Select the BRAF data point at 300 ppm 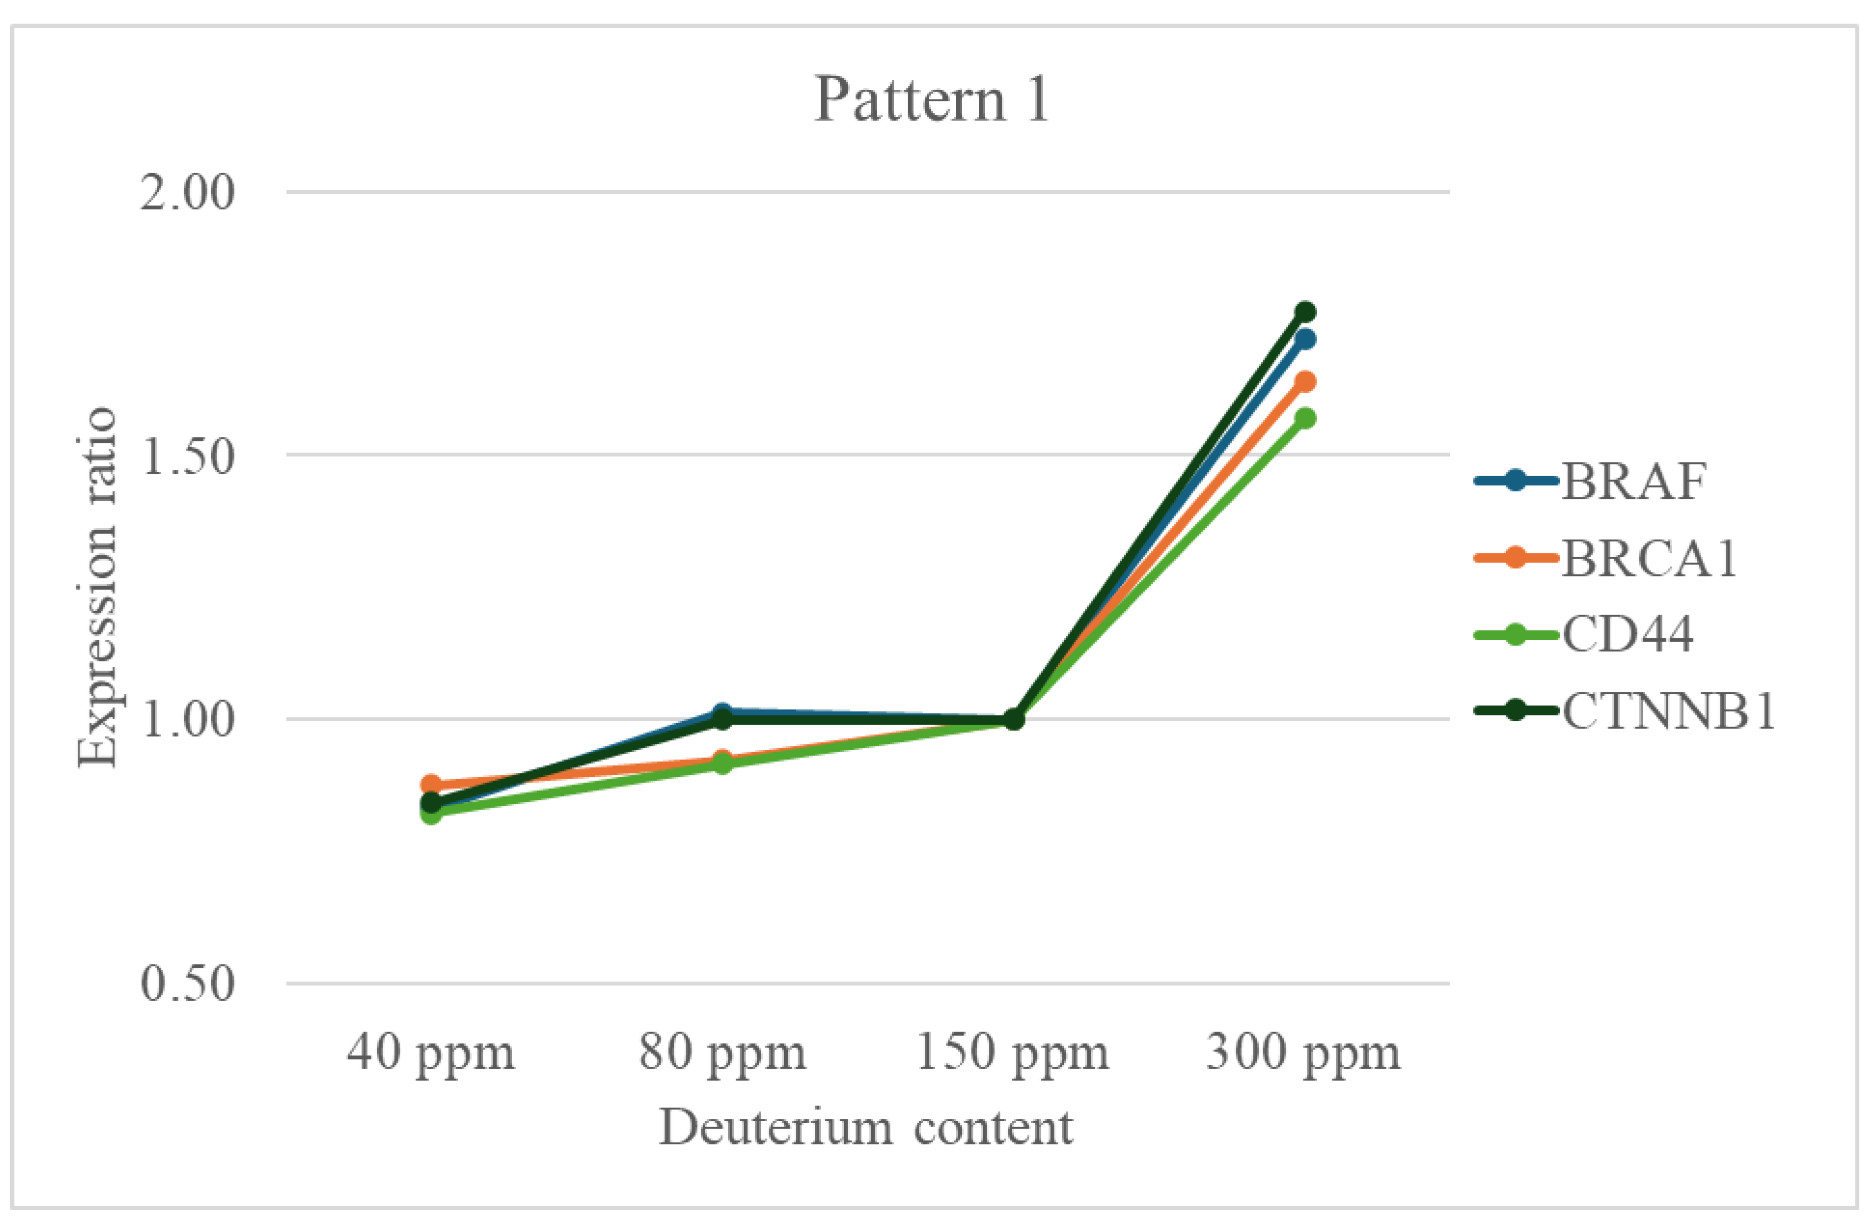[x=1305, y=339]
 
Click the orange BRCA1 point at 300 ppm [x=1305, y=382]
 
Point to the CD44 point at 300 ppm [x=1305, y=418]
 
